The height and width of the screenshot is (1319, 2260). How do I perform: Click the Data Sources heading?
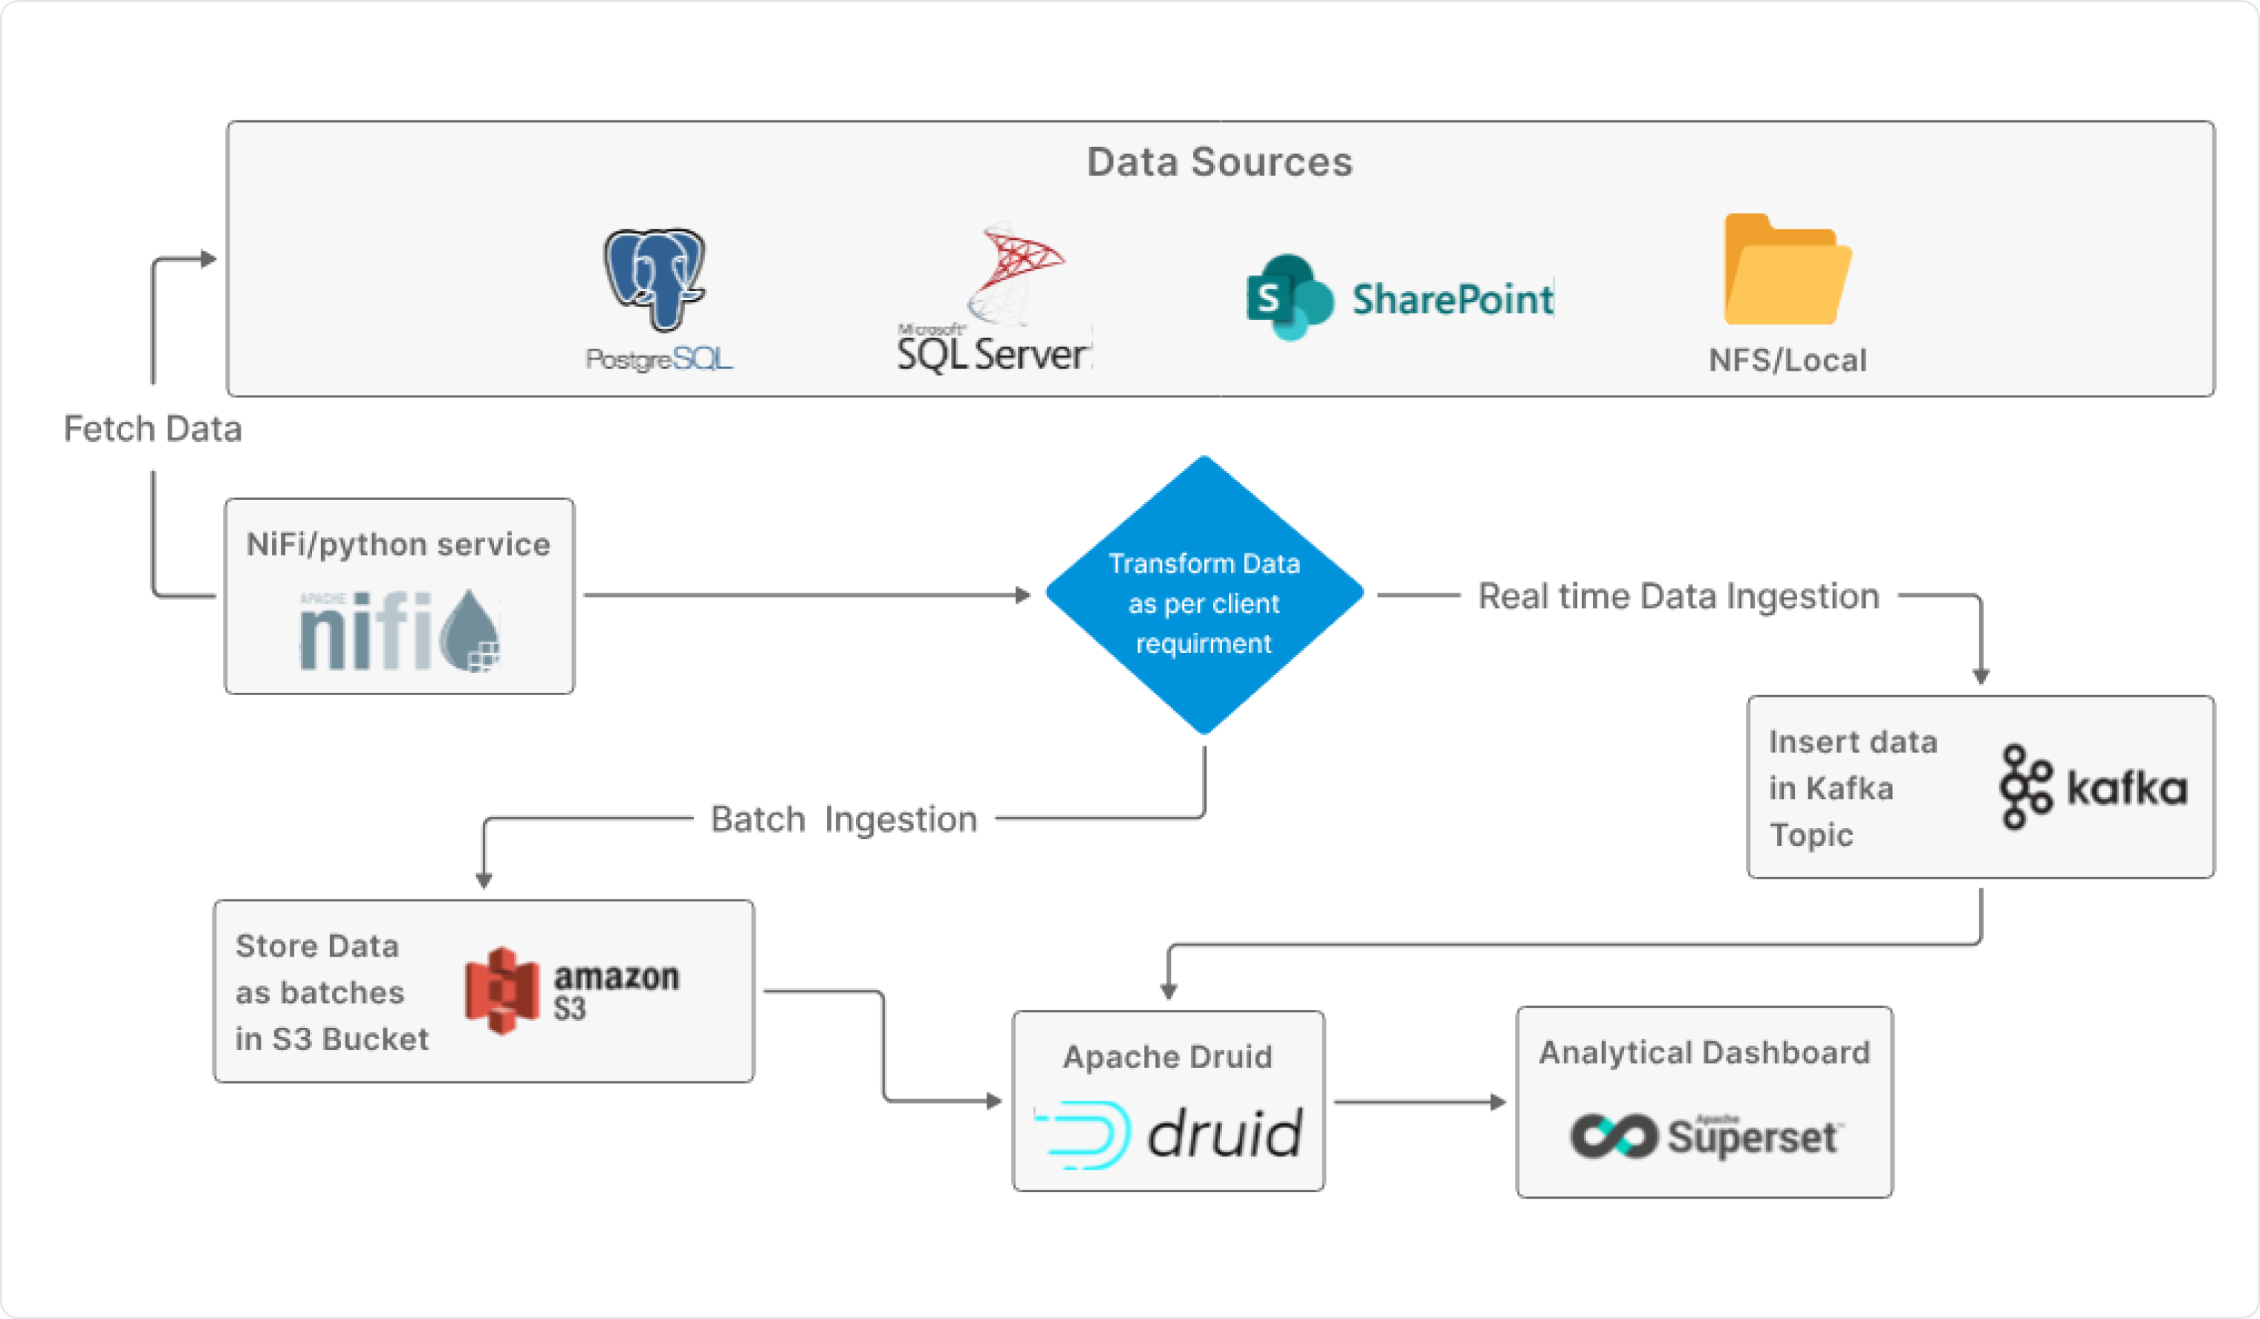coord(1219,163)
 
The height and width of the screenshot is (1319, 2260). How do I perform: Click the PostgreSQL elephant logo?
coord(655,278)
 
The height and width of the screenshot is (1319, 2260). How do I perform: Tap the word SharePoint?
coord(1452,299)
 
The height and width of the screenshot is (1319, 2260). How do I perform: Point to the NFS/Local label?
coord(1787,360)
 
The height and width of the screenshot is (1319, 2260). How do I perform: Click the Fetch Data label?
coord(152,429)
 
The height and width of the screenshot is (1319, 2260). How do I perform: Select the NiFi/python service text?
coord(398,544)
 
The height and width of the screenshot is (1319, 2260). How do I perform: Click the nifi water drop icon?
coord(473,631)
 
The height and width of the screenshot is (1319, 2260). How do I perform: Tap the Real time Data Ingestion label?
coord(1678,596)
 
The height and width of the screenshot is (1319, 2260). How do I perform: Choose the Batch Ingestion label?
coord(843,818)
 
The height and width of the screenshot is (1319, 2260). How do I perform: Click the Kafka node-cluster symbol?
coord(2024,787)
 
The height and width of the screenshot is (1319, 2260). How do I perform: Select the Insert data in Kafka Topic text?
coord(1852,787)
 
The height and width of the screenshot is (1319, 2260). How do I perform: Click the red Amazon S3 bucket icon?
coord(502,990)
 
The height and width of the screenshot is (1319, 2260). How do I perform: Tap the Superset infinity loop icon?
coord(1612,1136)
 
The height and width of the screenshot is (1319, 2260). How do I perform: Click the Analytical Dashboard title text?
coord(1704,1052)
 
